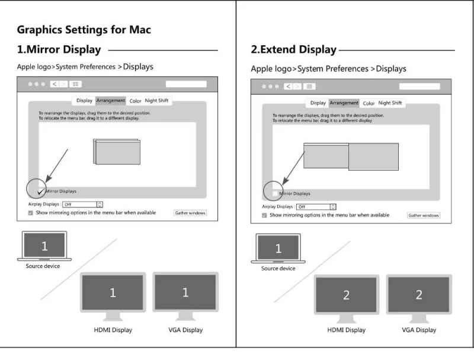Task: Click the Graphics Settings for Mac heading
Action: click(84, 30)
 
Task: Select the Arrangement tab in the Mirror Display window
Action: click(110, 101)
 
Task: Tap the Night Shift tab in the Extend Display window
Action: click(390, 103)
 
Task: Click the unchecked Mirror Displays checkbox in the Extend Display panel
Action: click(274, 193)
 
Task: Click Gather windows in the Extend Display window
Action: click(424, 215)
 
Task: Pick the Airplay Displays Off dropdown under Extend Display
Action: click(316, 207)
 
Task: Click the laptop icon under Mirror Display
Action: click(44, 246)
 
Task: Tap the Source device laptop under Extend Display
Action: click(278, 249)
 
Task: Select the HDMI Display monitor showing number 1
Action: click(113, 293)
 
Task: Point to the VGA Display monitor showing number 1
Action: click(185, 292)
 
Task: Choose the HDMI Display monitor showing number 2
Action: click(347, 295)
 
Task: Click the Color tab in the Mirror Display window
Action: click(135, 101)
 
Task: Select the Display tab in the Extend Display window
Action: click(318, 103)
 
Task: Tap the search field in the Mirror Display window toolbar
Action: click(186, 84)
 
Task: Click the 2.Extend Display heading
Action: click(293, 50)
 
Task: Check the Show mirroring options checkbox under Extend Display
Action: click(264, 215)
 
